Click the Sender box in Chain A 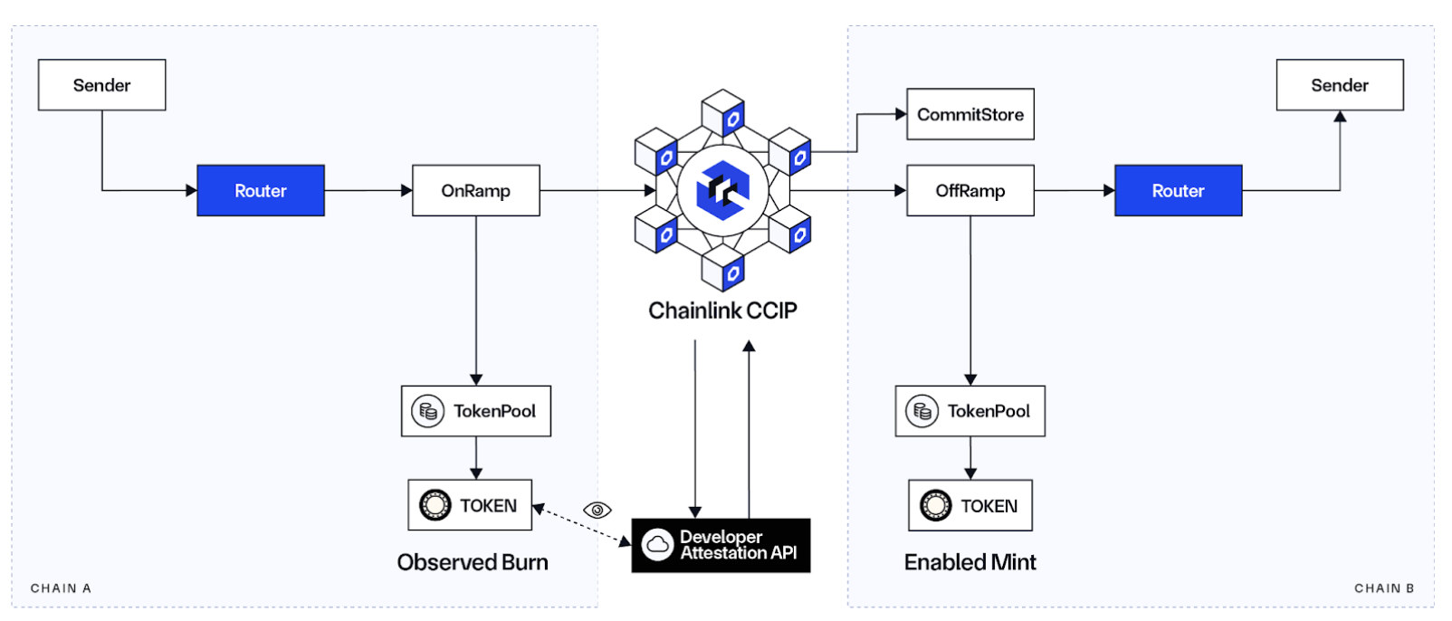coord(101,85)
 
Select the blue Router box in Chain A coord(261,191)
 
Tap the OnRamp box coord(476,191)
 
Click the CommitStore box coord(970,114)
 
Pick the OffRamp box coord(970,191)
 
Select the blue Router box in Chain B coord(1179,191)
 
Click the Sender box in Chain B coord(1340,85)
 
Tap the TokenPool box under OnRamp coord(476,411)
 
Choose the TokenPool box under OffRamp coord(970,411)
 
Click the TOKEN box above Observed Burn coord(470,505)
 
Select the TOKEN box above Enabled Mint coord(970,505)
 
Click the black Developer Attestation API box coord(721,545)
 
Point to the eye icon coord(597,511)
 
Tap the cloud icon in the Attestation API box coord(657,545)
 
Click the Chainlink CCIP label coord(722,310)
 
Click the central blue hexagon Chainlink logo coord(722,191)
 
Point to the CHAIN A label coord(61,588)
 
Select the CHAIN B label coord(1385,588)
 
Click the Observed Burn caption coord(473,562)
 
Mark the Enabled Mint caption coord(970,562)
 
